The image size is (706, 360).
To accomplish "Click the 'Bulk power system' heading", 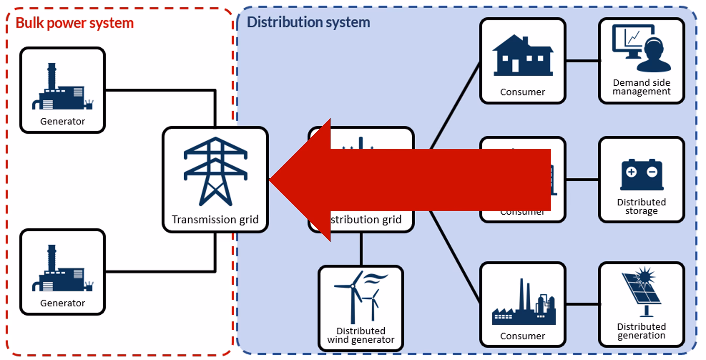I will [x=74, y=23].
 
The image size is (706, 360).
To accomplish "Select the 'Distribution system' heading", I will [x=308, y=22].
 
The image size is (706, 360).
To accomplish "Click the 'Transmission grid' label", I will [x=215, y=219].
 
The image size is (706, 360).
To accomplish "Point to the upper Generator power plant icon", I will [x=62, y=87].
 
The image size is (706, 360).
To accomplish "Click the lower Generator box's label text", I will [x=62, y=303].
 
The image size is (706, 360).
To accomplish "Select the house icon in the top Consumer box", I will [x=522, y=55].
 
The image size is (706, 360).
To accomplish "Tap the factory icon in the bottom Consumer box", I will [x=523, y=304].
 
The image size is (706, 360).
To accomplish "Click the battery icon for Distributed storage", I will [x=642, y=174].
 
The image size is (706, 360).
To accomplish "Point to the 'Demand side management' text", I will [x=641, y=87].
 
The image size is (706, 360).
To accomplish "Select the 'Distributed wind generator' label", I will [x=361, y=335].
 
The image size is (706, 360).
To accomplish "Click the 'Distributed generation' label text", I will [x=641, y=331].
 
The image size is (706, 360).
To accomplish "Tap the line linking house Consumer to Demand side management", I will [x=582, y=60].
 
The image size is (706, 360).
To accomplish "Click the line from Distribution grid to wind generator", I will [x=361, y=249].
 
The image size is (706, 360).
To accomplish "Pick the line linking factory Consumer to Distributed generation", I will [x=582, y=304].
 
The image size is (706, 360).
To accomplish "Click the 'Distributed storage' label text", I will [x=641, y=206].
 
